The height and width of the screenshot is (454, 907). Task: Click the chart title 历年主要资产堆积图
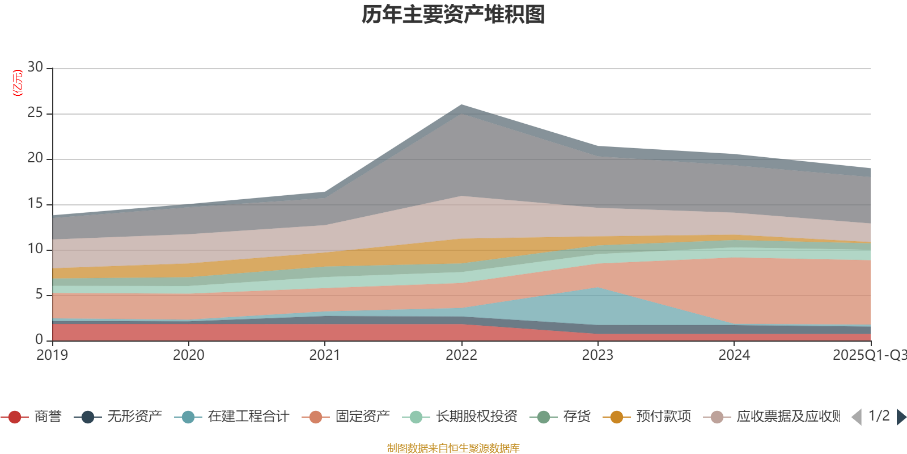point(453,15)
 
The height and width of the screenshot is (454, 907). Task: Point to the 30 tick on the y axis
point(35,68)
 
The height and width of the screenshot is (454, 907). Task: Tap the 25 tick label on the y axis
point(35,113)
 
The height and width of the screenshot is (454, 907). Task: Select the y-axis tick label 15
point(35,204)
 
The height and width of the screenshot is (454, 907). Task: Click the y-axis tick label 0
point(39,339)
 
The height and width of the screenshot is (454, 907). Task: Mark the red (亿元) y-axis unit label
point(18,83)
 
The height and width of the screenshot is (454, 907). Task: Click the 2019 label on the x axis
point(52,355)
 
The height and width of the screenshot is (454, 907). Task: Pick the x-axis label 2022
point(461,355)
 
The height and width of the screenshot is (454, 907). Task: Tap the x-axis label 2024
point(734,355)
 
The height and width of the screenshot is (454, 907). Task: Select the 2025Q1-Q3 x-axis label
point(869,355)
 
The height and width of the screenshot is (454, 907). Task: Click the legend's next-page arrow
point(901,417)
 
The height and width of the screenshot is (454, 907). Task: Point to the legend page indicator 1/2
point(879,416)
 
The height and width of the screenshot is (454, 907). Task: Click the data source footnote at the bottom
point(453,448)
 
